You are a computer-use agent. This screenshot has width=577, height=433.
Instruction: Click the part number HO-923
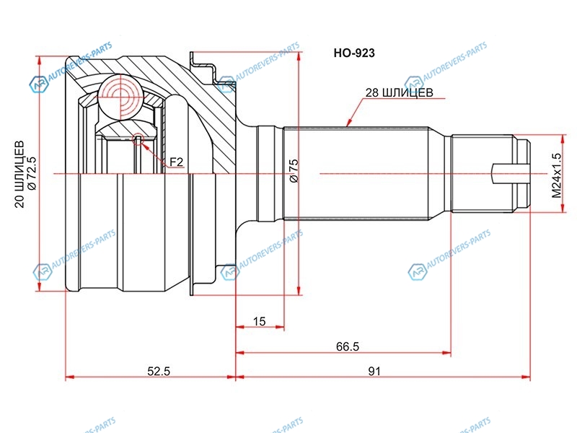[x=354, y=53]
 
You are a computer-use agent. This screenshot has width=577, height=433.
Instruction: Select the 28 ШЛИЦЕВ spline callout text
[x=399, y=92]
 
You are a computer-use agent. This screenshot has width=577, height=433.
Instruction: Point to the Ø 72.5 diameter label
[x=32, y=173]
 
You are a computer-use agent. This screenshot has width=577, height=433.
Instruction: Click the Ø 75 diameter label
[x=294, y=170]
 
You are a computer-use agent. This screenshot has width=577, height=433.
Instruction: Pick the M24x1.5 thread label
[x=557, y=175]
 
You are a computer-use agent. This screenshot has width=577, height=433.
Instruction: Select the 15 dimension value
[x=259, y=321]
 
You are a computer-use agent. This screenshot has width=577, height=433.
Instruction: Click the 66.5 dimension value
[x=348, y=346]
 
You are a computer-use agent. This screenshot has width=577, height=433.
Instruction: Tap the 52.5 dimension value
[x=159, y=371]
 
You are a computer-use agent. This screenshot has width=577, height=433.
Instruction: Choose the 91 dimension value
[x=374, y=371]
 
